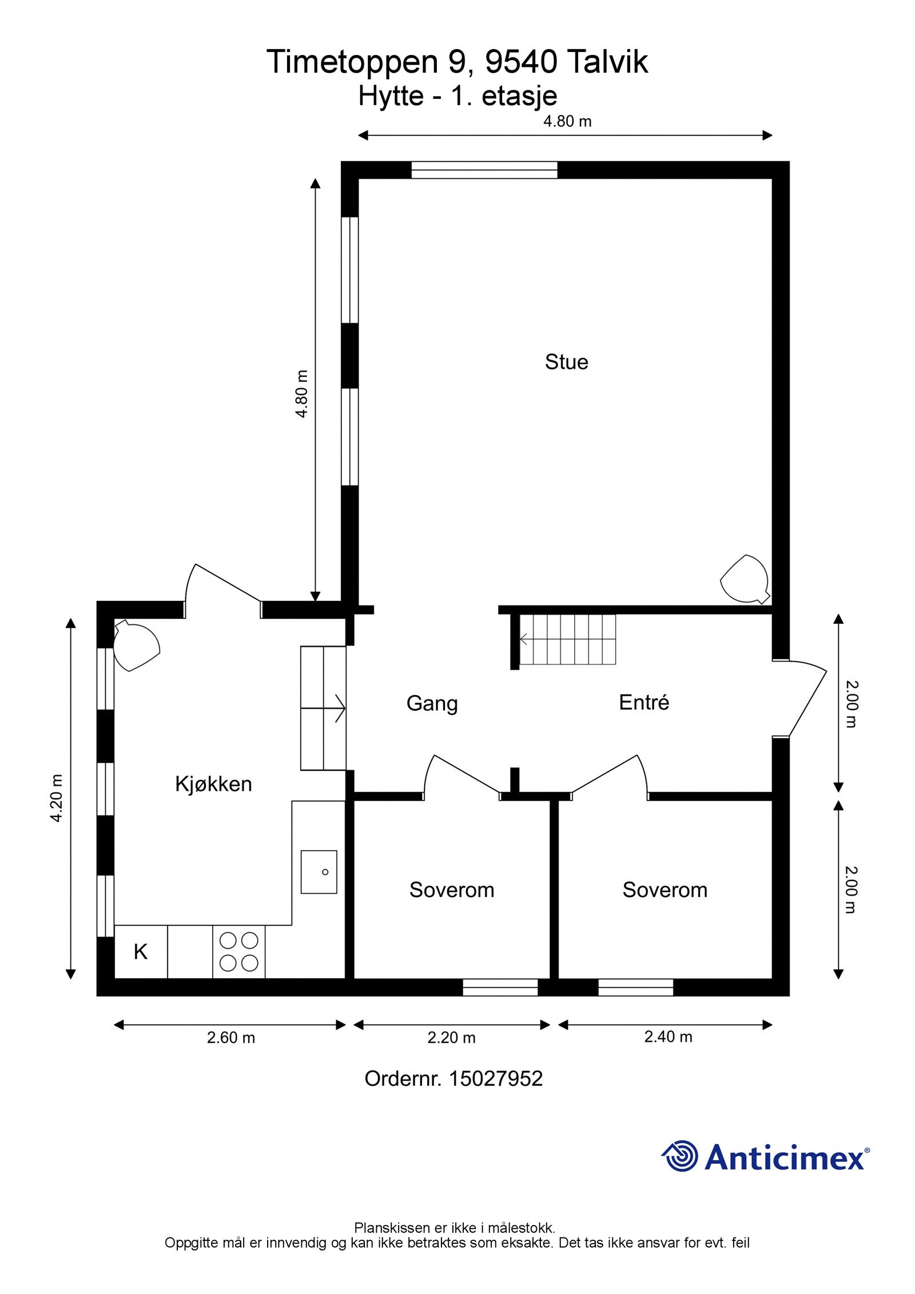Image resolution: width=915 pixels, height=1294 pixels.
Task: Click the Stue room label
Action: tap(566, 362)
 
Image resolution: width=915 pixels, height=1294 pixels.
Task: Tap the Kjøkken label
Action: tap(213, 784)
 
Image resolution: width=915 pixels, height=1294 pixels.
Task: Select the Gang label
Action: tap(432, 703)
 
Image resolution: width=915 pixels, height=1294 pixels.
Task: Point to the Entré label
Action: tap(644, 702)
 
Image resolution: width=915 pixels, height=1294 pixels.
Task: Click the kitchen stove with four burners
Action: tap(239, 951)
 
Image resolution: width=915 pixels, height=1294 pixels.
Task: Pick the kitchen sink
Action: tap(319, 871)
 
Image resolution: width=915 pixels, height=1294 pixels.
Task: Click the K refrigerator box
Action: tap(141, 951)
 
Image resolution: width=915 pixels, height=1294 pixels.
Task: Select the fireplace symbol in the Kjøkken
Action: tap(136, 646)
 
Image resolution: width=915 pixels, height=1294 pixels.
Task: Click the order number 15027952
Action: tap(495, 1079)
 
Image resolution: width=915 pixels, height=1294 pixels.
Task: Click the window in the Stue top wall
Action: tap(484, 170)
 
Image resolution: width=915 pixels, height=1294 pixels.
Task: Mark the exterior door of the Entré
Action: tap(799, 699)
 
